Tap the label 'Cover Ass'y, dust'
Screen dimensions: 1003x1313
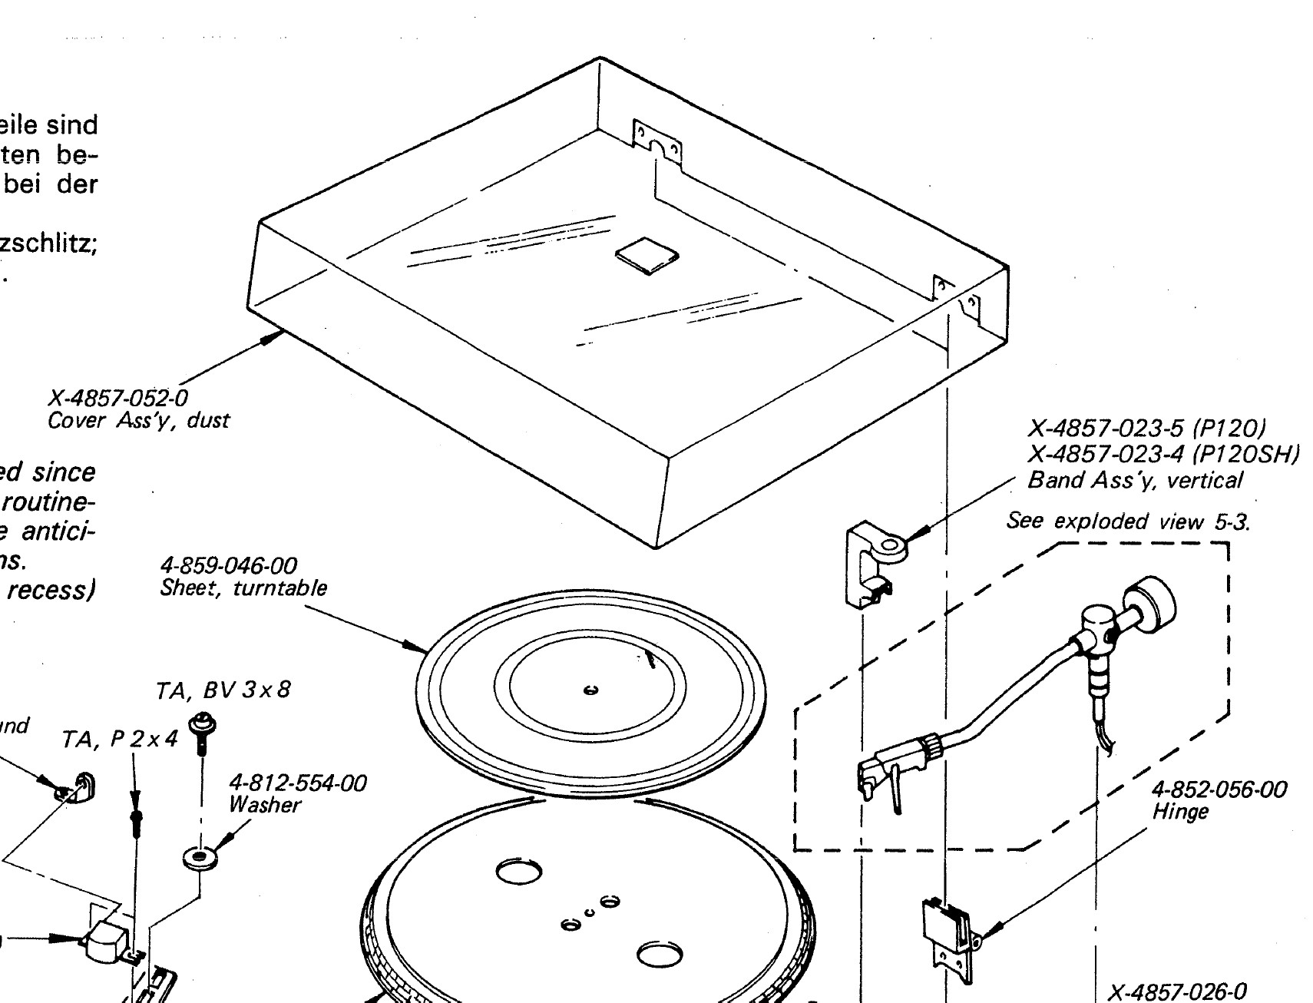[138, 421]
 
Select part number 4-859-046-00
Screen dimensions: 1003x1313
[228, 566]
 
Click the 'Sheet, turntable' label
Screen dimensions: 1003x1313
[243, 588]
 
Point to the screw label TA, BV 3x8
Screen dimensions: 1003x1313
[223, 690]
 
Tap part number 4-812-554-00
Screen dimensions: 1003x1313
[297, 783]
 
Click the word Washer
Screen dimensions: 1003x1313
[264, 805]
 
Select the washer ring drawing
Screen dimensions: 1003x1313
[200, 856]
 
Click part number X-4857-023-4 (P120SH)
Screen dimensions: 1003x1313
[1163, 454]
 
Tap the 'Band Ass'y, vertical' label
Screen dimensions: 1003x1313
[1134, 480]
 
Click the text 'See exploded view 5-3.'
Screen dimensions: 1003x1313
[1128, 521]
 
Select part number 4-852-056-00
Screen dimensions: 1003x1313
[1219, 789]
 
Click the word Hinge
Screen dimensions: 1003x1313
[1180, 812]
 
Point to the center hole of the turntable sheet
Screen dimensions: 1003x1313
[590, 690]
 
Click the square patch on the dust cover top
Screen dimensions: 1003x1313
[647, 255]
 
